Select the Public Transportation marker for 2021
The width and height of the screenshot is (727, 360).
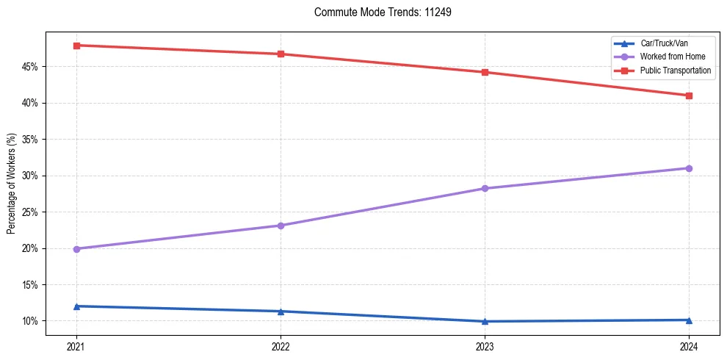(76, 46)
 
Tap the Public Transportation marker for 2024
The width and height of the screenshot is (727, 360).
(689, 96)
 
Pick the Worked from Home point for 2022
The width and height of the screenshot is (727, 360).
(281, 226)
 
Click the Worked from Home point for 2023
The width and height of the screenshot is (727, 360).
(485, 189)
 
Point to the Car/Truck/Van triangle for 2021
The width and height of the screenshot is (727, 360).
(76, 306)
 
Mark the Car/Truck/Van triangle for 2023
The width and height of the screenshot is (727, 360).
(485, 321)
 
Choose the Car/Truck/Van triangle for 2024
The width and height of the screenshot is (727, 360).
(689, 320)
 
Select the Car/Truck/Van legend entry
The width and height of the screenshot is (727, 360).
(664, 43)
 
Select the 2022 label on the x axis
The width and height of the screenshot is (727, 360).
(281, 345)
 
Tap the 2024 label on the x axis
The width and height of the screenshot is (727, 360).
(689, 345)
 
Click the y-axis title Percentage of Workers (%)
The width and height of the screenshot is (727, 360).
(12, 184)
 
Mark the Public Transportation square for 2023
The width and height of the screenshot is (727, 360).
(485, 72)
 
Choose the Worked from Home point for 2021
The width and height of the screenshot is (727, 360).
(76, 249)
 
